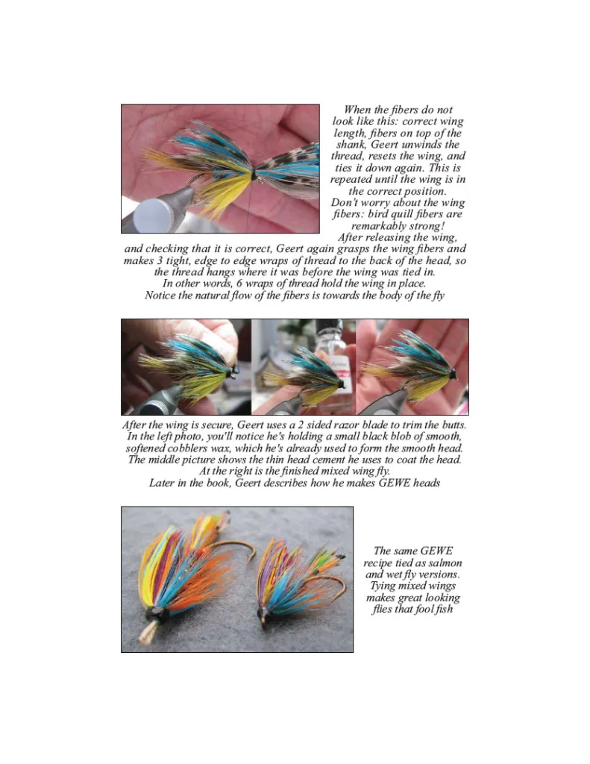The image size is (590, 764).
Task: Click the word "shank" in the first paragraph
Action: (351, 145)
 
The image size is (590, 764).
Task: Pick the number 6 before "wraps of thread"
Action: (239, 283)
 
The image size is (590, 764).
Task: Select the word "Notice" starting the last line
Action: (160, 295)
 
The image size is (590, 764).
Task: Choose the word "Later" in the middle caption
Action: (162, 483)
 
